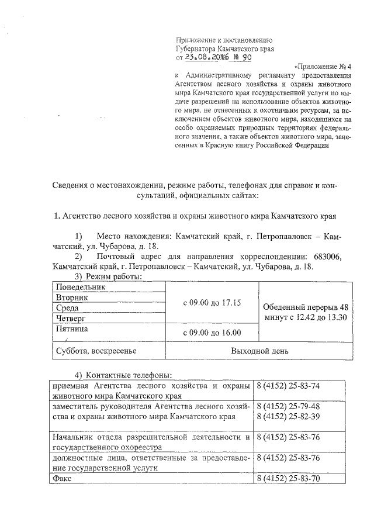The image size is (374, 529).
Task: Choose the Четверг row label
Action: (x=71, y=318)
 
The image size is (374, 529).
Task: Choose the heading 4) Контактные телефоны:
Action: (x=123, y=375)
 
